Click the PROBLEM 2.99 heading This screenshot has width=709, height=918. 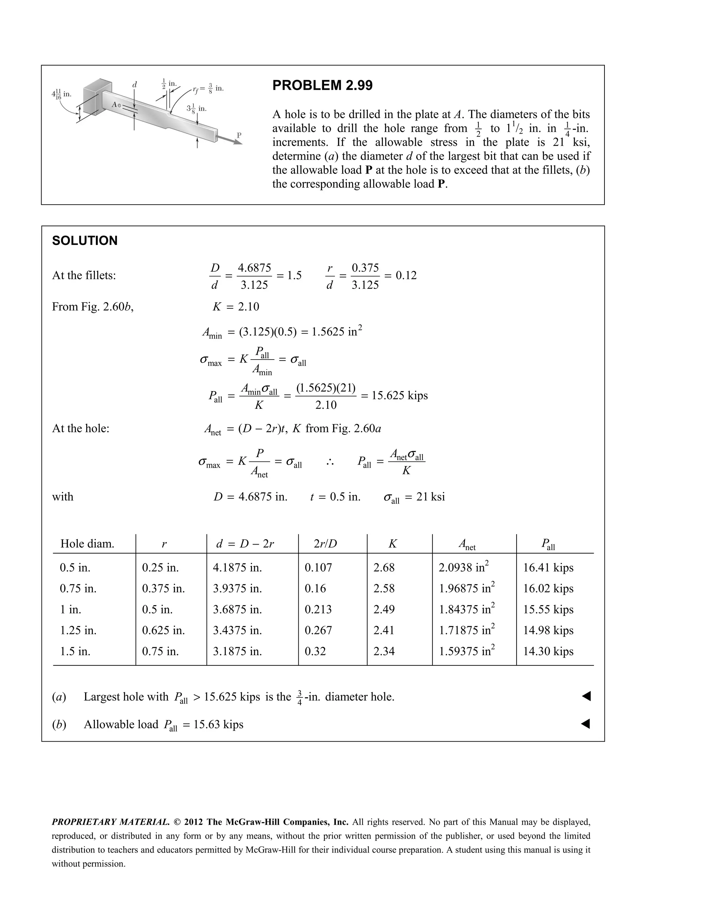click(322, 85)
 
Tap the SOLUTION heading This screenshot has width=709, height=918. click(84, 241)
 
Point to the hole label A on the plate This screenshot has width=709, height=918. click(114, 104)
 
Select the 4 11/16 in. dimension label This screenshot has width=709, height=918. click(61, 94)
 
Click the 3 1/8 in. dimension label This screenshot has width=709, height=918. click(197, 109)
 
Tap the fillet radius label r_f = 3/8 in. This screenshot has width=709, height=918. click(208, 89)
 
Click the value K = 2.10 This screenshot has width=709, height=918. click(236, 307)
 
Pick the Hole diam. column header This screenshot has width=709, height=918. click(87, 544)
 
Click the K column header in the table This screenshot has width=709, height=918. click(392, 544)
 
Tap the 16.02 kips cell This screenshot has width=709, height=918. click(548, 589)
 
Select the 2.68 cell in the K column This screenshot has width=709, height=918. click(384, 567)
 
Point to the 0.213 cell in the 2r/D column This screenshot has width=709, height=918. click(318, 609)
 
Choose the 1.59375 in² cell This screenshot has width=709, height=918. click(467, 651)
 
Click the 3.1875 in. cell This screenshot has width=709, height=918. click(237, 651)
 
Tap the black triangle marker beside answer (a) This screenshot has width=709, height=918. click(586, 697)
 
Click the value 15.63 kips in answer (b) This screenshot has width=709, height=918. click(218, 724)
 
